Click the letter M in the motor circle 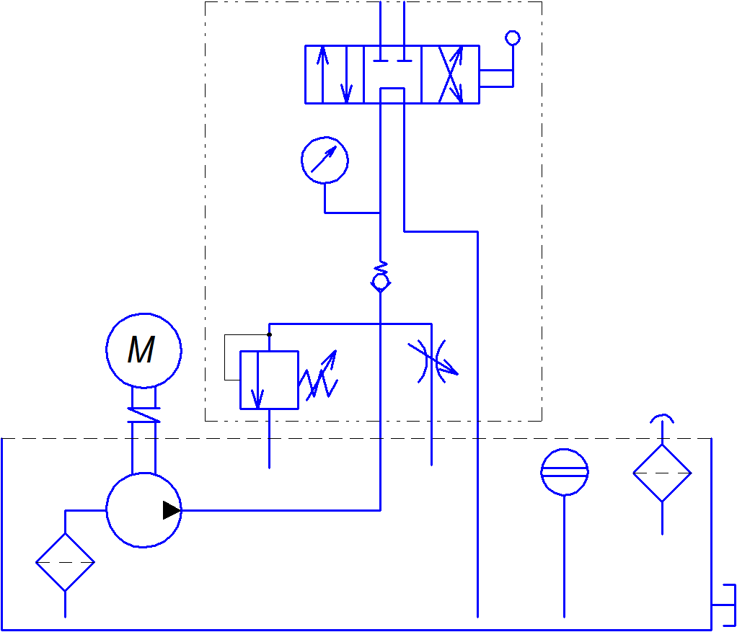pos(141,351)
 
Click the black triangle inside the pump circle pos(171,510)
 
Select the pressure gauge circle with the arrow pos(325,160)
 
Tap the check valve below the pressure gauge pos(380,280)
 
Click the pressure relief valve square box pos(269,380)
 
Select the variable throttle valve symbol pos(432,361)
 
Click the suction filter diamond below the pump pos(65,563)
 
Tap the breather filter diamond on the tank pos(662,473)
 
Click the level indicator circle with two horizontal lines pos(565,472)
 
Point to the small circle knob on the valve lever pos(513,37)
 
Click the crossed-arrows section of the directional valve pos(451,75)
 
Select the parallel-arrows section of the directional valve pos(334,75)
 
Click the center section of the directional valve pos(392,75)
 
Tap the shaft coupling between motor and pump pos(144,414)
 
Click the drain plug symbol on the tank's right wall pos(725,606)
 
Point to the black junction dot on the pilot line pos(269,334)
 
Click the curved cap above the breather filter pos(662,418)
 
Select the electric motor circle pos(144,350)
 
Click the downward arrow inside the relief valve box pos(255,389)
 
